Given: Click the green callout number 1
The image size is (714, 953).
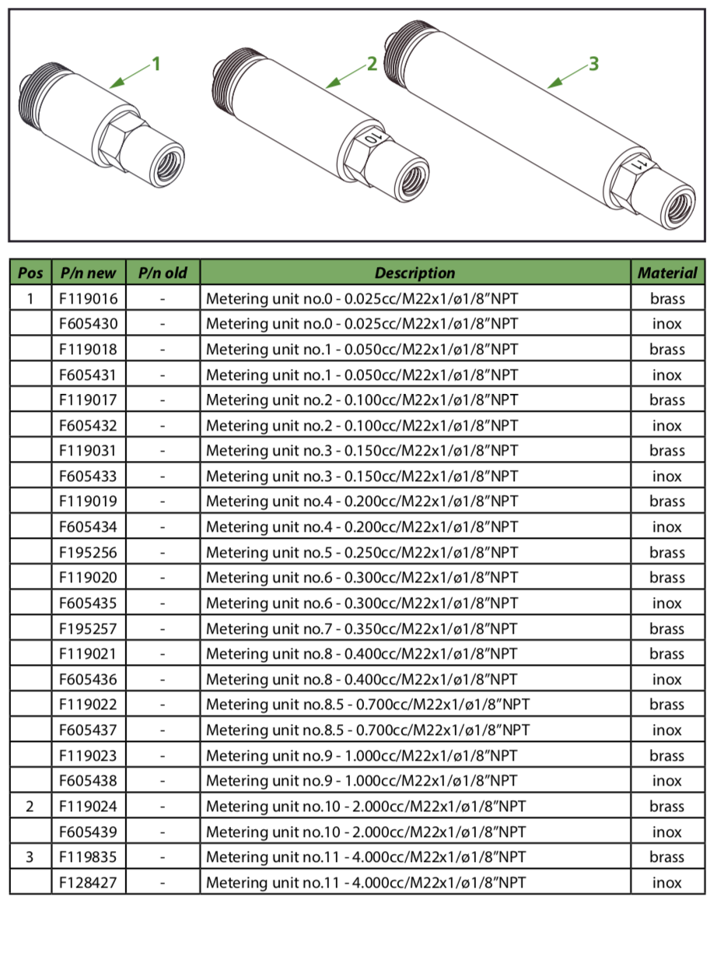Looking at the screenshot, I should [x=156, y=64].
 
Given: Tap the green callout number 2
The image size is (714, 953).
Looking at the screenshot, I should [x=372, y=64].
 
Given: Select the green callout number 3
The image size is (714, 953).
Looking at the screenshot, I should [x=593, y=64].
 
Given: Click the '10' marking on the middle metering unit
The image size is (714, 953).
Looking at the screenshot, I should [x=373, y=138].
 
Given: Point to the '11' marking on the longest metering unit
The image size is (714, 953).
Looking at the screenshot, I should [x=639, y=165].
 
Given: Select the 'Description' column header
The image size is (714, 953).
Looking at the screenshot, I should [x=415, y=273].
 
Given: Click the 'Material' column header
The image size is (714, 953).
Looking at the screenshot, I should [x=667, y=273].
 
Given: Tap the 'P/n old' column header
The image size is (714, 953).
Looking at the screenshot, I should [x=163, y=273].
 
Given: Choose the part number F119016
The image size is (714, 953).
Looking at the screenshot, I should [x=88, y=298].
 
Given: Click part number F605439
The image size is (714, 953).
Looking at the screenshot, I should [x=88, y=832].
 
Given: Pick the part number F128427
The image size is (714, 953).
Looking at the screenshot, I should [x=88, y=882].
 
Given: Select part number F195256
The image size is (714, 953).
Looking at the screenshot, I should [x=88, y=552].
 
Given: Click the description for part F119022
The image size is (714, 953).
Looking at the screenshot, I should [x=368, y=705].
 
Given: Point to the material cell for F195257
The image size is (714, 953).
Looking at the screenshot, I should [x=667, y=628].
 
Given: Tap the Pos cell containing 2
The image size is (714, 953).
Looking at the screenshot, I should [x=30, y=807].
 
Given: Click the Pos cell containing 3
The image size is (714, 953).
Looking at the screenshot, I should [x=30, y=857].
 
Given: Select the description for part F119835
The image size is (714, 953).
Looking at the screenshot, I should [x=366, y=857].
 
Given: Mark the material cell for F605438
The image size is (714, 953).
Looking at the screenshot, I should [x=667, y=781].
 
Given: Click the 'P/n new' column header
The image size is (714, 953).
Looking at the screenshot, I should [x=88, y=273].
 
